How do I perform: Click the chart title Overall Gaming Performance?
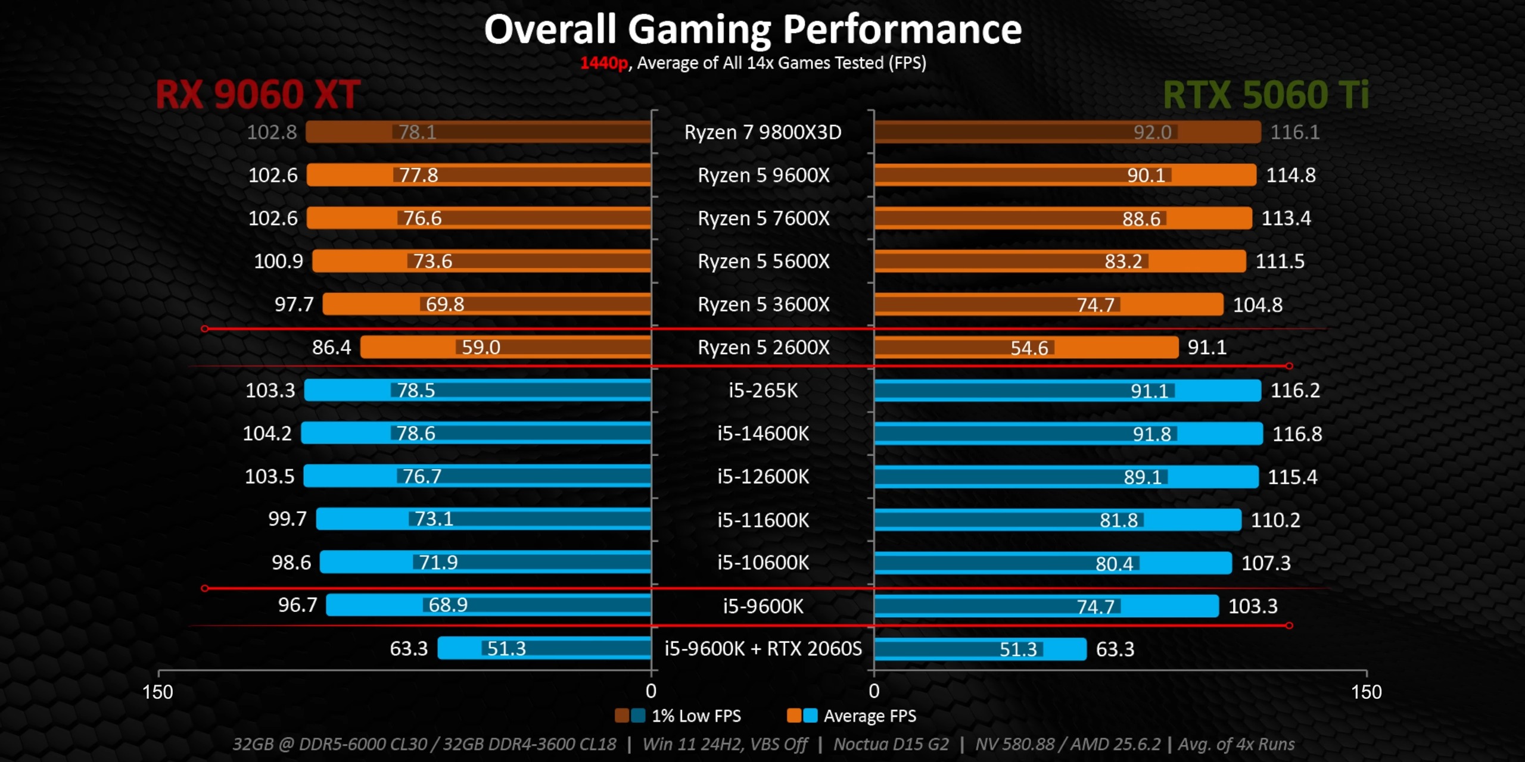[x=752, y=30]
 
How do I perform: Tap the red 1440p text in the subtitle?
[x=603, y=63]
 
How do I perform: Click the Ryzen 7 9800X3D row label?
[x=762, y=132]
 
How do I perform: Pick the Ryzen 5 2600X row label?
[x=763, y=347]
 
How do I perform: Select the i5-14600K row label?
[x=763, y=433]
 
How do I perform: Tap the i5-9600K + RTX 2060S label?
[x=763, y=648]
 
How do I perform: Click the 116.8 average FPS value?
[x=1297, y=434]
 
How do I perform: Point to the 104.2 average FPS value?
[x=267, y=433]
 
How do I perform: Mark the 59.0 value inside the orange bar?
[x=481, y=347]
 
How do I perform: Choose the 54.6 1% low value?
[x=1029, y=348]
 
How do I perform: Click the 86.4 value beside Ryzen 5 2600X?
[x=331, y=347]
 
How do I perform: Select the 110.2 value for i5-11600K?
[x=1275, y=520]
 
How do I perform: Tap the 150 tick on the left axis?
[x=158, y=692]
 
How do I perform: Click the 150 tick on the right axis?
[x=1366, y=692]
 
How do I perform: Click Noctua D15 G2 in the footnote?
[x=891, y=744]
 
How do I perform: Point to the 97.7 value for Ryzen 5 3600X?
[x=294, y=304]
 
